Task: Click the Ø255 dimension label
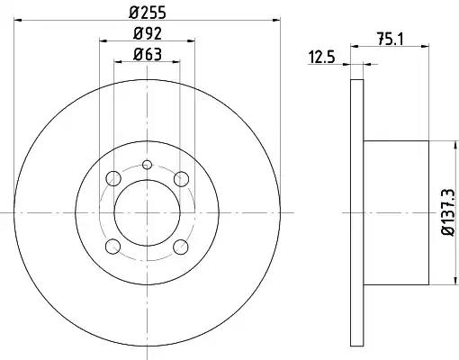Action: pyautogui.click(x=148, y=13)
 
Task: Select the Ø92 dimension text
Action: pyautogui.click(x=148, y=33)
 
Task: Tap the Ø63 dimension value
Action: pyautogui.click(x=148, y=54)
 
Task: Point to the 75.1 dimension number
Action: pyautogui.click(x=391, y=39)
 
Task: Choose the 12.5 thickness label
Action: pyautogui.click(x=321, y=57)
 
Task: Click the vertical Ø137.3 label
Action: pyautogui.click(x=449, y=212)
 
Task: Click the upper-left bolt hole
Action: pyautogui.click(x=113, y=178)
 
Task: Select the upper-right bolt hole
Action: pyautogui.click(x=181, y=179)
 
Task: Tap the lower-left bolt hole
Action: pyautogui.click(x=113, y=247)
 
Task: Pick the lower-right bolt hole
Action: pyautogui.click(x=181, y=247)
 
